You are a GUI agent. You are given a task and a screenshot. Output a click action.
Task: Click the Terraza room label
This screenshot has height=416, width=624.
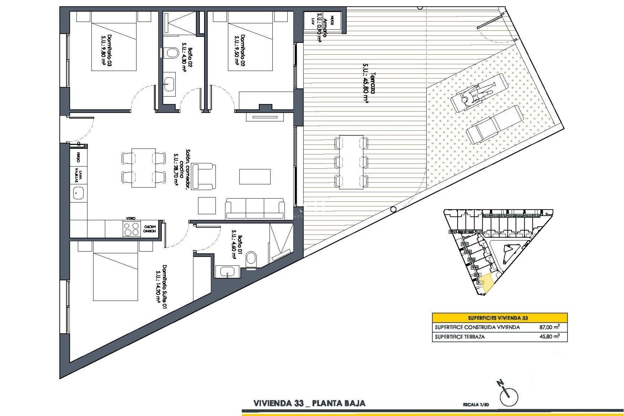[x=369, y=87]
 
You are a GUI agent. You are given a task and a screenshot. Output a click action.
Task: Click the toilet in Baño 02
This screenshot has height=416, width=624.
[x=171, y=53]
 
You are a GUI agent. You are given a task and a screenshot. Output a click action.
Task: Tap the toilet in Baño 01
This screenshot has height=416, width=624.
[x=251, y=260]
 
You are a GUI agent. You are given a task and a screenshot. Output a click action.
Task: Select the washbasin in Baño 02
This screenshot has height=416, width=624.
[x=169, y=83]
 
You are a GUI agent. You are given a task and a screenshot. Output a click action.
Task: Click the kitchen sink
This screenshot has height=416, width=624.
[x=78, y=194]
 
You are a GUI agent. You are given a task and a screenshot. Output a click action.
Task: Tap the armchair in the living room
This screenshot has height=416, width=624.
[x=203, y=177]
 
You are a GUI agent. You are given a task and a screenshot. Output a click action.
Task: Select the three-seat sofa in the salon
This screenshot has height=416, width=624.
[x=255, y=208]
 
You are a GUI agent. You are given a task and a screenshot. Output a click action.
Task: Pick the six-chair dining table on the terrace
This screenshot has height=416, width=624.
[x=351, y=162]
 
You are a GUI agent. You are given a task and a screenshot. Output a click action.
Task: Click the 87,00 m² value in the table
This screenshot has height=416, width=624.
[x=549, y=327]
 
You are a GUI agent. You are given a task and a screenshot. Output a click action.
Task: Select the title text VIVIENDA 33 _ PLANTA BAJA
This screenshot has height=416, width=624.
[x=309, y=403]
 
